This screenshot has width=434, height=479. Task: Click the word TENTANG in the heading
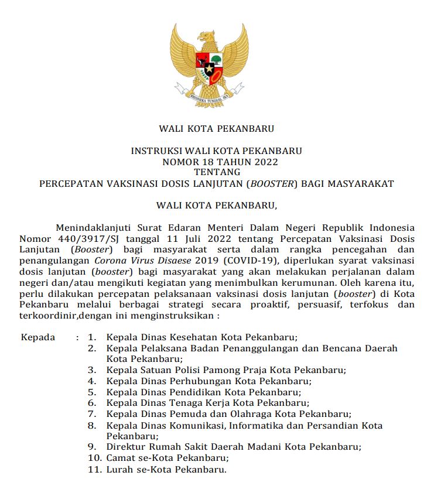point(217,172)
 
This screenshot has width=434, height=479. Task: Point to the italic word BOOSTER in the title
point(272,183)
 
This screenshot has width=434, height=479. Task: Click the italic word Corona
point(111,261)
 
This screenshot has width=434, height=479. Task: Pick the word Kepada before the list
point(38,337)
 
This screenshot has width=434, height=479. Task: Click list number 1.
point(91,337)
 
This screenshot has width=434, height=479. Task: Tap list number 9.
point(92,447)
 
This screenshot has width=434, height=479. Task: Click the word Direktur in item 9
point(125,447)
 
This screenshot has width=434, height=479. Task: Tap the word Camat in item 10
point(121,458)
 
